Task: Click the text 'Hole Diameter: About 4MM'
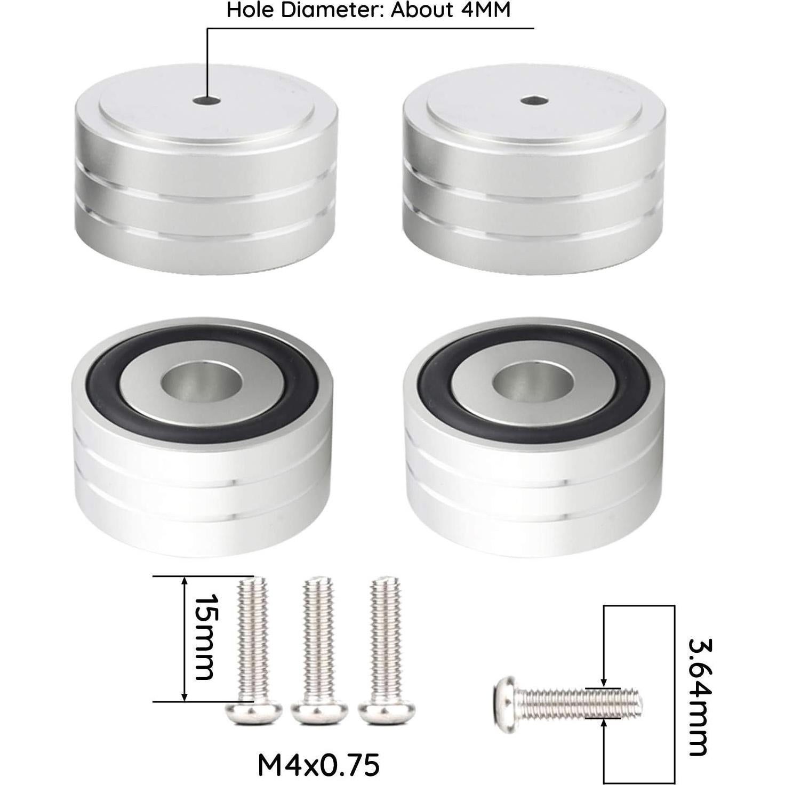(369, 10)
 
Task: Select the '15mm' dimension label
(204, 637)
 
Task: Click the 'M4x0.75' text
(318, 765)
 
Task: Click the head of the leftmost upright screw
(254, 712)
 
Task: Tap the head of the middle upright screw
(319, 712)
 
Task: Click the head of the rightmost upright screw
(387, 712)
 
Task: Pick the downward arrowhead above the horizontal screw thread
(603, 683)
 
